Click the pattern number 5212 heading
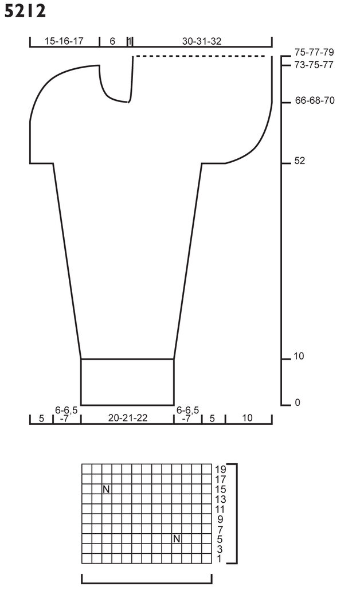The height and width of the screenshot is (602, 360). [x=25, y=11]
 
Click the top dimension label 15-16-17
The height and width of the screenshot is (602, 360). [x=64, y=41]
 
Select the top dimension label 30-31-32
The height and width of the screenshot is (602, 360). [x=202, y=41]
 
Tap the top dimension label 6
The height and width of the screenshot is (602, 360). [x=112, y=41]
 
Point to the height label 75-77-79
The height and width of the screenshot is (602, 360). [x=314, y=52]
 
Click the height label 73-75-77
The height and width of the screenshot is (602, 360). [x=314, y=65]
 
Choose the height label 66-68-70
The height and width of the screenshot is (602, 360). [x=315, y=100]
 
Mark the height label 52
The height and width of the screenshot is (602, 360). [x=300, y=161]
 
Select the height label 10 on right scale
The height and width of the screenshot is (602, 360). [x=299, y=356]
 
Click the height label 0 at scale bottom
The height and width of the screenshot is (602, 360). [x=298, y=402]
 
